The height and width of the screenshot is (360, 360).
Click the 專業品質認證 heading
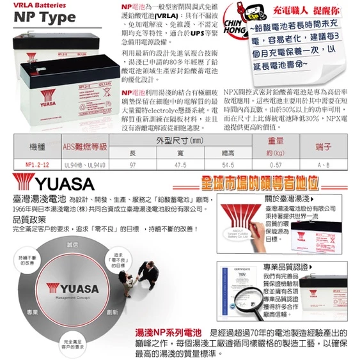[x=288, y=265]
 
